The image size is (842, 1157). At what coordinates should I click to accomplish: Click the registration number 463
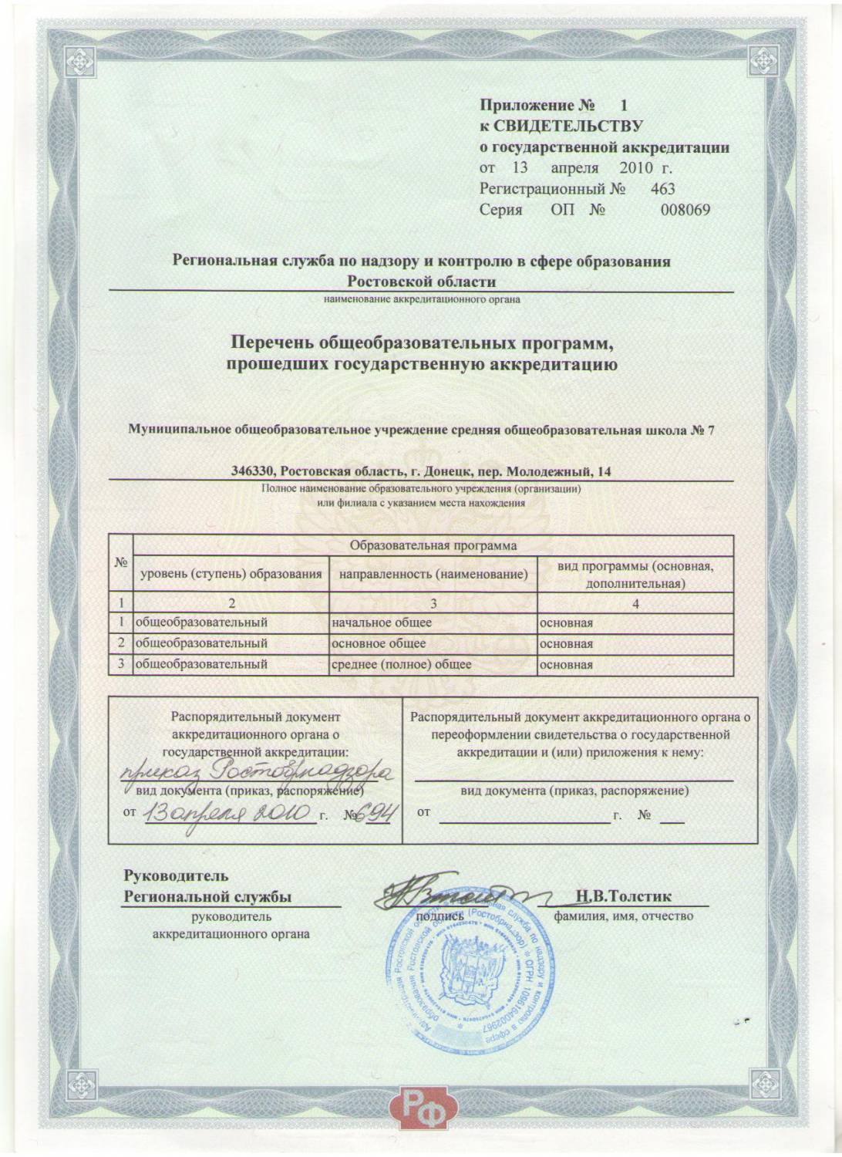663,188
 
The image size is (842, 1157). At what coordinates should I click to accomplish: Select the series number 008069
685,210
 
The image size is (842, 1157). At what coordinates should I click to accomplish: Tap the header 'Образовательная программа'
433,546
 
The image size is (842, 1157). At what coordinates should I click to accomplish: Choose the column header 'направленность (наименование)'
433,575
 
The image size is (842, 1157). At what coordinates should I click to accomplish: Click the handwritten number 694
377,815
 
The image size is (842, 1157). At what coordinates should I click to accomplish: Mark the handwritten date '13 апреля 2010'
228,815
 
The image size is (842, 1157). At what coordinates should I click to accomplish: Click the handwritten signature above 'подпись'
432,896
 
